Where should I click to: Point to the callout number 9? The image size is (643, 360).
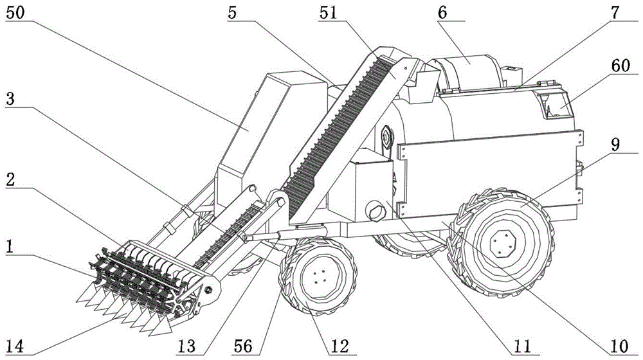click(616, 145)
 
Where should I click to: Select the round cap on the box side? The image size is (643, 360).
click(374, 210)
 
